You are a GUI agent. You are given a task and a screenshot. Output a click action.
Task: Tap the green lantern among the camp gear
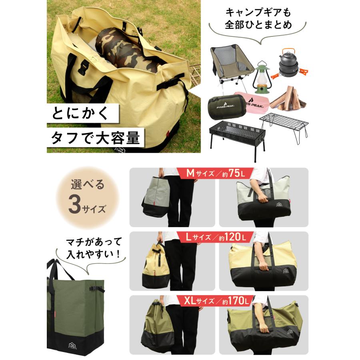point(262,78)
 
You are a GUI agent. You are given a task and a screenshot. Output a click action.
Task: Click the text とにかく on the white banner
point(80,114)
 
